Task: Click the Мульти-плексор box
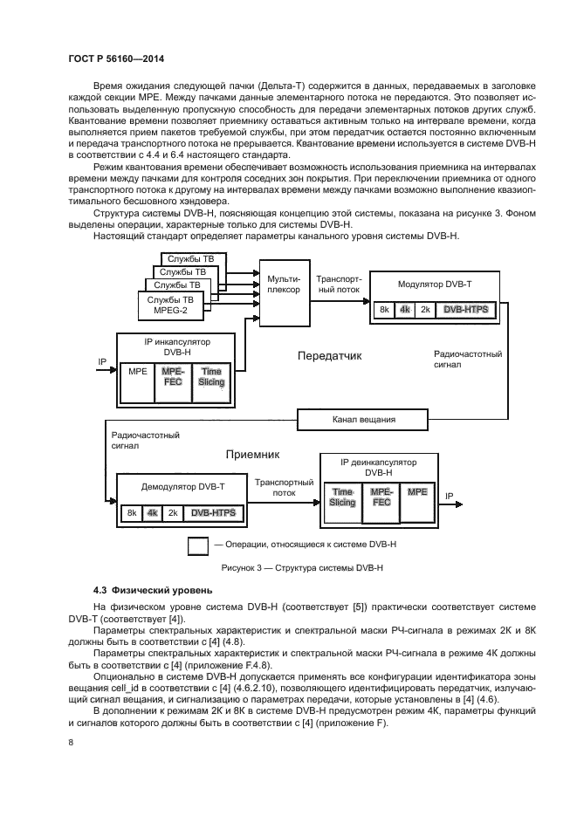coord(284,284)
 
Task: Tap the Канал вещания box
coord(364,419)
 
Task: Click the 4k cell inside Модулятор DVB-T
coord(404,309)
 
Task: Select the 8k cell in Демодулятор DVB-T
coord(131,513)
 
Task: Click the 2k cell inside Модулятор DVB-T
coord(425,309)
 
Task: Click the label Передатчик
coord(329,356)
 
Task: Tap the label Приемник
coord(251,455)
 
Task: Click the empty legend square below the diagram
coord(198,545)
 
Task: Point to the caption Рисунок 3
coord(288,567)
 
